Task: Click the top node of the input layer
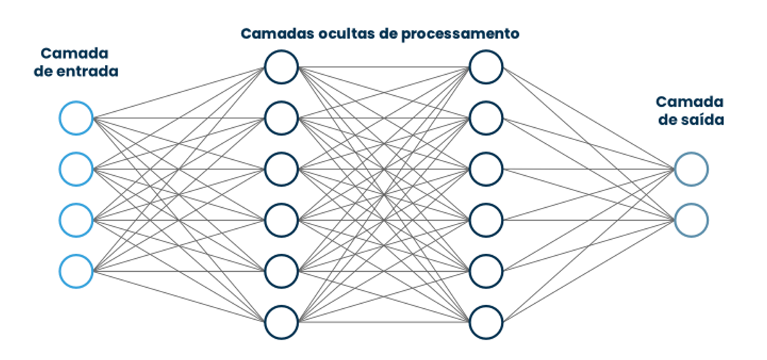[x=77, y=118]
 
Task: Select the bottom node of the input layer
[x=77, y=271]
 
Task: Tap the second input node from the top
[x=77, y=169]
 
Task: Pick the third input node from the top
[x=77, y=220]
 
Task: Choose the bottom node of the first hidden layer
[x=281, y=322]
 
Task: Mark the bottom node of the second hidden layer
[x=486, y=322]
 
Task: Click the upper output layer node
[x=691, y=169]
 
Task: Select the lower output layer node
[x=691, y=220]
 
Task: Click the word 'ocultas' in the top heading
[x=330, y=33]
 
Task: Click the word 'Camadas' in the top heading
[x=271, y=33]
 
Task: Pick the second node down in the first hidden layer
[x=281, y=118]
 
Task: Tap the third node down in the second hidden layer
[x=486, y=169]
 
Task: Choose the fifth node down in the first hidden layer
[x=281, y=271]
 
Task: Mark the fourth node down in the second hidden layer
[x=486, y=220]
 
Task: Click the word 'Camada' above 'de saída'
[x=690, y=102]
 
